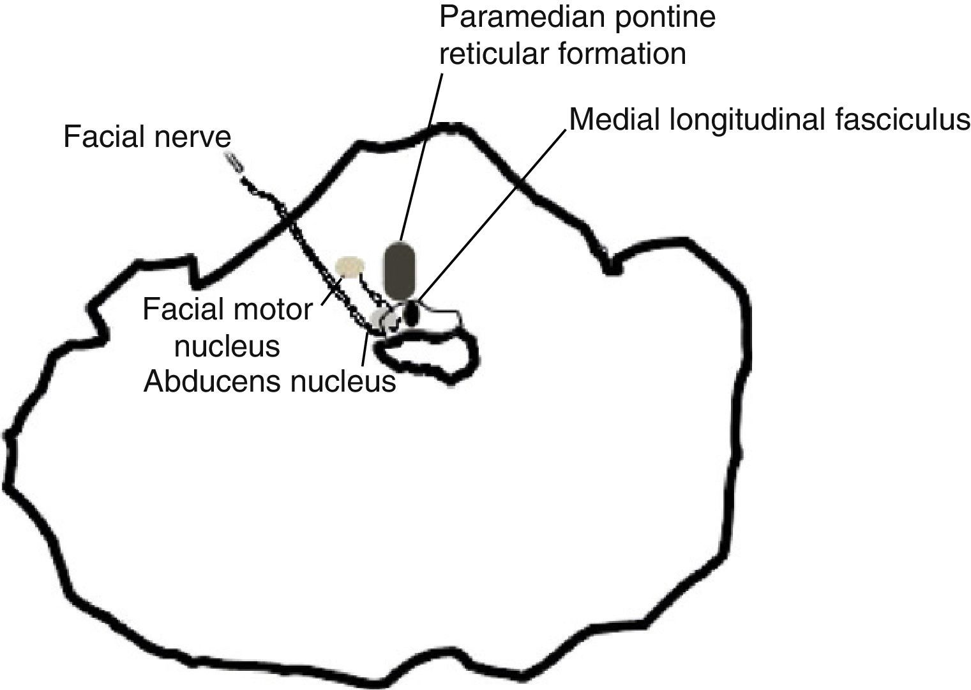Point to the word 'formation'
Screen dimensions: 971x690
click(624, 54)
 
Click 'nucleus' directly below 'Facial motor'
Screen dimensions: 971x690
click(227, 346)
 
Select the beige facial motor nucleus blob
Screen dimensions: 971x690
click(350, 266)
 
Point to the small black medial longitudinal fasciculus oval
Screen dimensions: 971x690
click(412, 314)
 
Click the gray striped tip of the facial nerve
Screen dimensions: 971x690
click(234, 162)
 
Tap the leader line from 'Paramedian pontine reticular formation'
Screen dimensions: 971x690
click(422, 153)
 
